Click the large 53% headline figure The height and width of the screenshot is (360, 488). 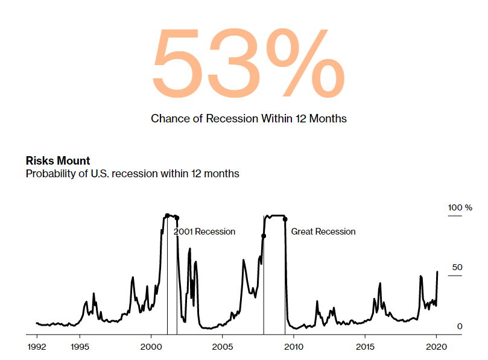(249, 62)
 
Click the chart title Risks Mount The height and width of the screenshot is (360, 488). (58, 160)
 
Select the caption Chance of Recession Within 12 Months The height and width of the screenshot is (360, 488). (249, 119)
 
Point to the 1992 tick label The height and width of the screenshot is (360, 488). (37, 347)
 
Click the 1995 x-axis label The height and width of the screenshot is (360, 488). (80, 347)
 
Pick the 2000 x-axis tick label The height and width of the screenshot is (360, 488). (151, 347)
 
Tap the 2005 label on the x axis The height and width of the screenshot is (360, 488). (222, 347)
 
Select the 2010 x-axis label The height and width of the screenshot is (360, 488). (294, 347)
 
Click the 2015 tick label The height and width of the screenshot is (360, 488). (365, 347)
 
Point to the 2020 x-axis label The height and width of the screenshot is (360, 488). (436, 347)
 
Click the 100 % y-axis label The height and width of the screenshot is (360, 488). (460, 207)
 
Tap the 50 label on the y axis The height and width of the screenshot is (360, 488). (457, 267)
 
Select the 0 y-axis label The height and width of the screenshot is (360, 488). (460, 326)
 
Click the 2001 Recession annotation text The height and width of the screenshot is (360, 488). (204, 232)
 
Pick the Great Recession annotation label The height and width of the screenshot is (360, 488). (323, 232)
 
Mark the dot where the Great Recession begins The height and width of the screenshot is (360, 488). (264, 236)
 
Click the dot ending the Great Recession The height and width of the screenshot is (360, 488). (285, 219)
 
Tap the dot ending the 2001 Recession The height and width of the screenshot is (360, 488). (177, 218)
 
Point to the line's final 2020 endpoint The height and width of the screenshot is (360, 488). (437, 272)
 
